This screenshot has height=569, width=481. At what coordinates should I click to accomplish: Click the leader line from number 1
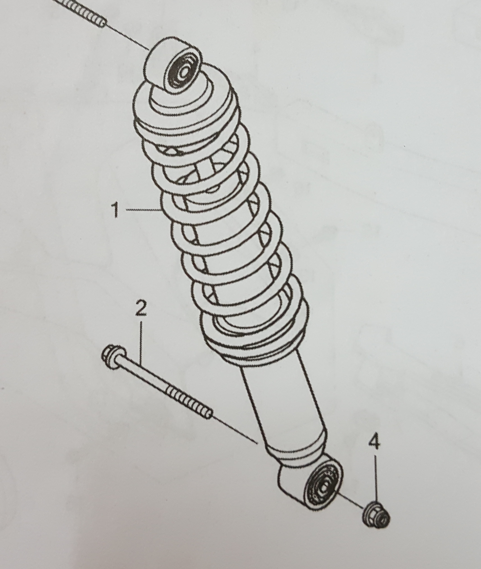[143, 210]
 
